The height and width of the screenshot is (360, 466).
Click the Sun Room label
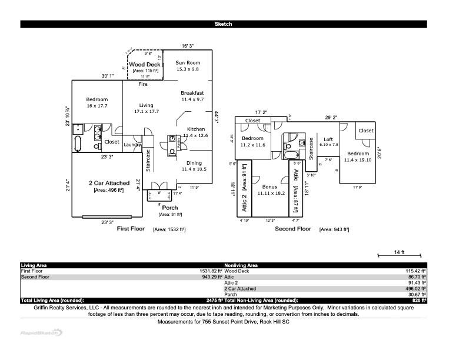click(x=188, y=62)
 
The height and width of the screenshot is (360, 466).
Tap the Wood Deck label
click(x=144, y=65)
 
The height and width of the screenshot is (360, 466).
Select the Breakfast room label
click(x=192, y=93)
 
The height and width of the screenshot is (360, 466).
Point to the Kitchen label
click(x=196, y=129)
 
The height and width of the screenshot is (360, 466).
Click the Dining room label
click(x=194, y=163)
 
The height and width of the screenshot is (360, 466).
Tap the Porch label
click(x=170, y=208)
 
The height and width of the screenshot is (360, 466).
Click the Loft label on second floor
click(x=328, y=139)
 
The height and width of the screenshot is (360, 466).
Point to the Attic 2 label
click(x=244, y=199)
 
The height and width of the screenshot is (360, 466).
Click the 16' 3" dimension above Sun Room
click(x=187, y=45)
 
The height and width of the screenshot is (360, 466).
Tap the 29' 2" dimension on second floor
click(x=331, y=117)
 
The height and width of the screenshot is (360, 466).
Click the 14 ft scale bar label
click(x=398, y=252)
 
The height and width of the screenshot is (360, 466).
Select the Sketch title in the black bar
click(x=223, y=24)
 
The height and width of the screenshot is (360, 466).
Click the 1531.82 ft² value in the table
click(x=210, y=271)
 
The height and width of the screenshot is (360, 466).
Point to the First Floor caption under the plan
click(x=131, y=228)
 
